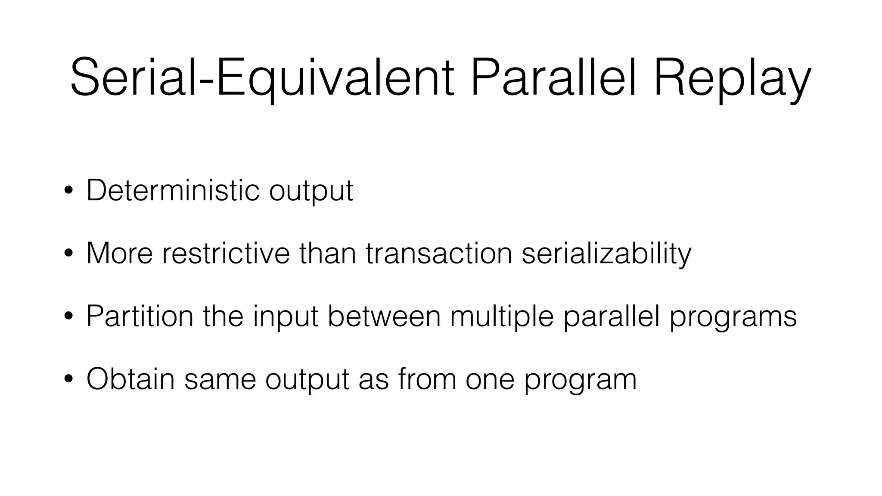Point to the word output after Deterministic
click(311, 191)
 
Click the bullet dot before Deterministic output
click(68, 190)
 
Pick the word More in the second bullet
click(119, 253)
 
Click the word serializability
click(606, 254)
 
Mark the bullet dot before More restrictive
click(68, 254)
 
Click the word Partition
click(140, 316)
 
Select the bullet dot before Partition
click(68, 316)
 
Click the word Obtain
click(130, 379)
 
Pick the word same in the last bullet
click(220, 379)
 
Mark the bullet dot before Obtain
click(68, 379)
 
